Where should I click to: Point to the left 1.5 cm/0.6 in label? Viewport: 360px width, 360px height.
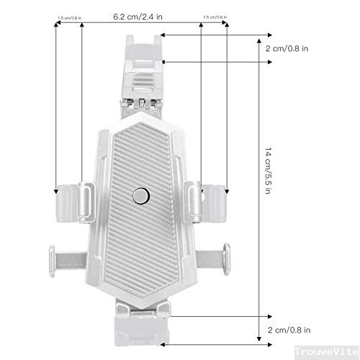point(69,16)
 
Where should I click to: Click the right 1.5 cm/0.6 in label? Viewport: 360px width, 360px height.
point(214,16)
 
